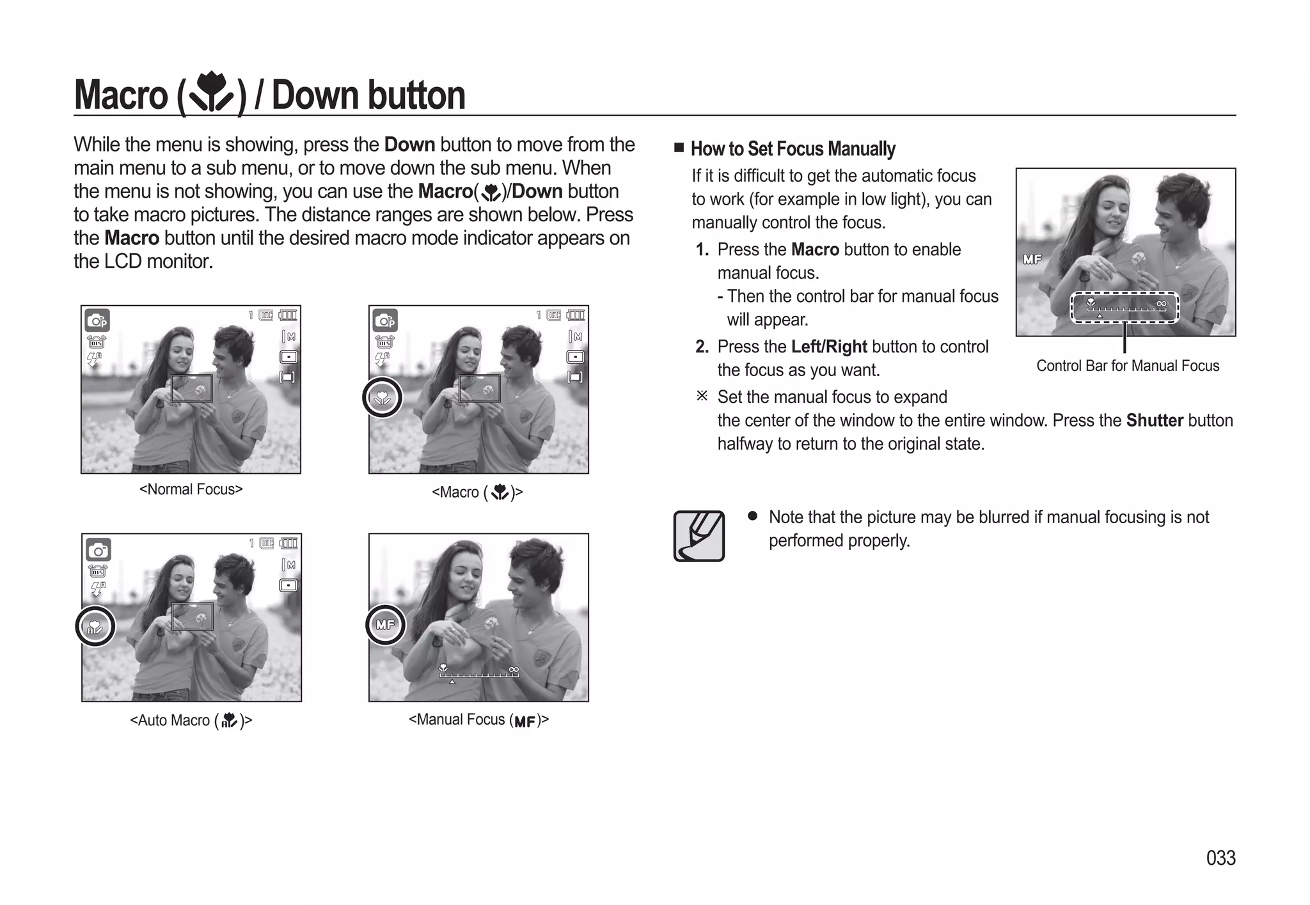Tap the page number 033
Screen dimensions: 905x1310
pyautogui.click(x=1220, y=858)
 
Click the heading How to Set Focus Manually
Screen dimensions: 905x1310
pyautogui.click(x=793, y=149)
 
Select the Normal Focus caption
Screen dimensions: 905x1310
pyautogui.click(x=191, y=489)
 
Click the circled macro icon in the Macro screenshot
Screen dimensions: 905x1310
pyautogui.click(x=383, y=397)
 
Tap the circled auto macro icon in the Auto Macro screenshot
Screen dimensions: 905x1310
pyautogui.click(x=95, y=626)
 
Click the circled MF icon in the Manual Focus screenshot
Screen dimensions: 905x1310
pyautogui.click(x=385, y=624)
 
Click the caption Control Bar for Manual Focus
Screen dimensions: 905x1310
pyautogui.click(x=1127, y=366)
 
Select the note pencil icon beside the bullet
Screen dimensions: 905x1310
pyautogui.click(x=698, y=536)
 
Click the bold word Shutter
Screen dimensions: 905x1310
pyautogui.click(x=1155, y=420)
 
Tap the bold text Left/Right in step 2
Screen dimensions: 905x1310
pyautogui.click(x=829, y=347)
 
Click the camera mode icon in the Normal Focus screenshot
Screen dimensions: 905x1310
pyautogui.click(x=97, y=320)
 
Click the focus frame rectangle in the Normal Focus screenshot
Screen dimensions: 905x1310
pyautogui.click(x=191, y=388)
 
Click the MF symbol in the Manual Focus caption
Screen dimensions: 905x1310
pyautogui.click(x=525, y=721)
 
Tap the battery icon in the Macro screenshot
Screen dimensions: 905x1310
pyautogui.click(x=576, y=315)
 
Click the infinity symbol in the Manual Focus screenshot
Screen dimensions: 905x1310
pyautogui.click(x=513, y=669)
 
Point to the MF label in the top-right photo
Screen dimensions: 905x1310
pyautogui.click(x=1032, y=259)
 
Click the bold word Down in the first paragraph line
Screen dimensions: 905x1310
pyautogui.click(x=409, y=145)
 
